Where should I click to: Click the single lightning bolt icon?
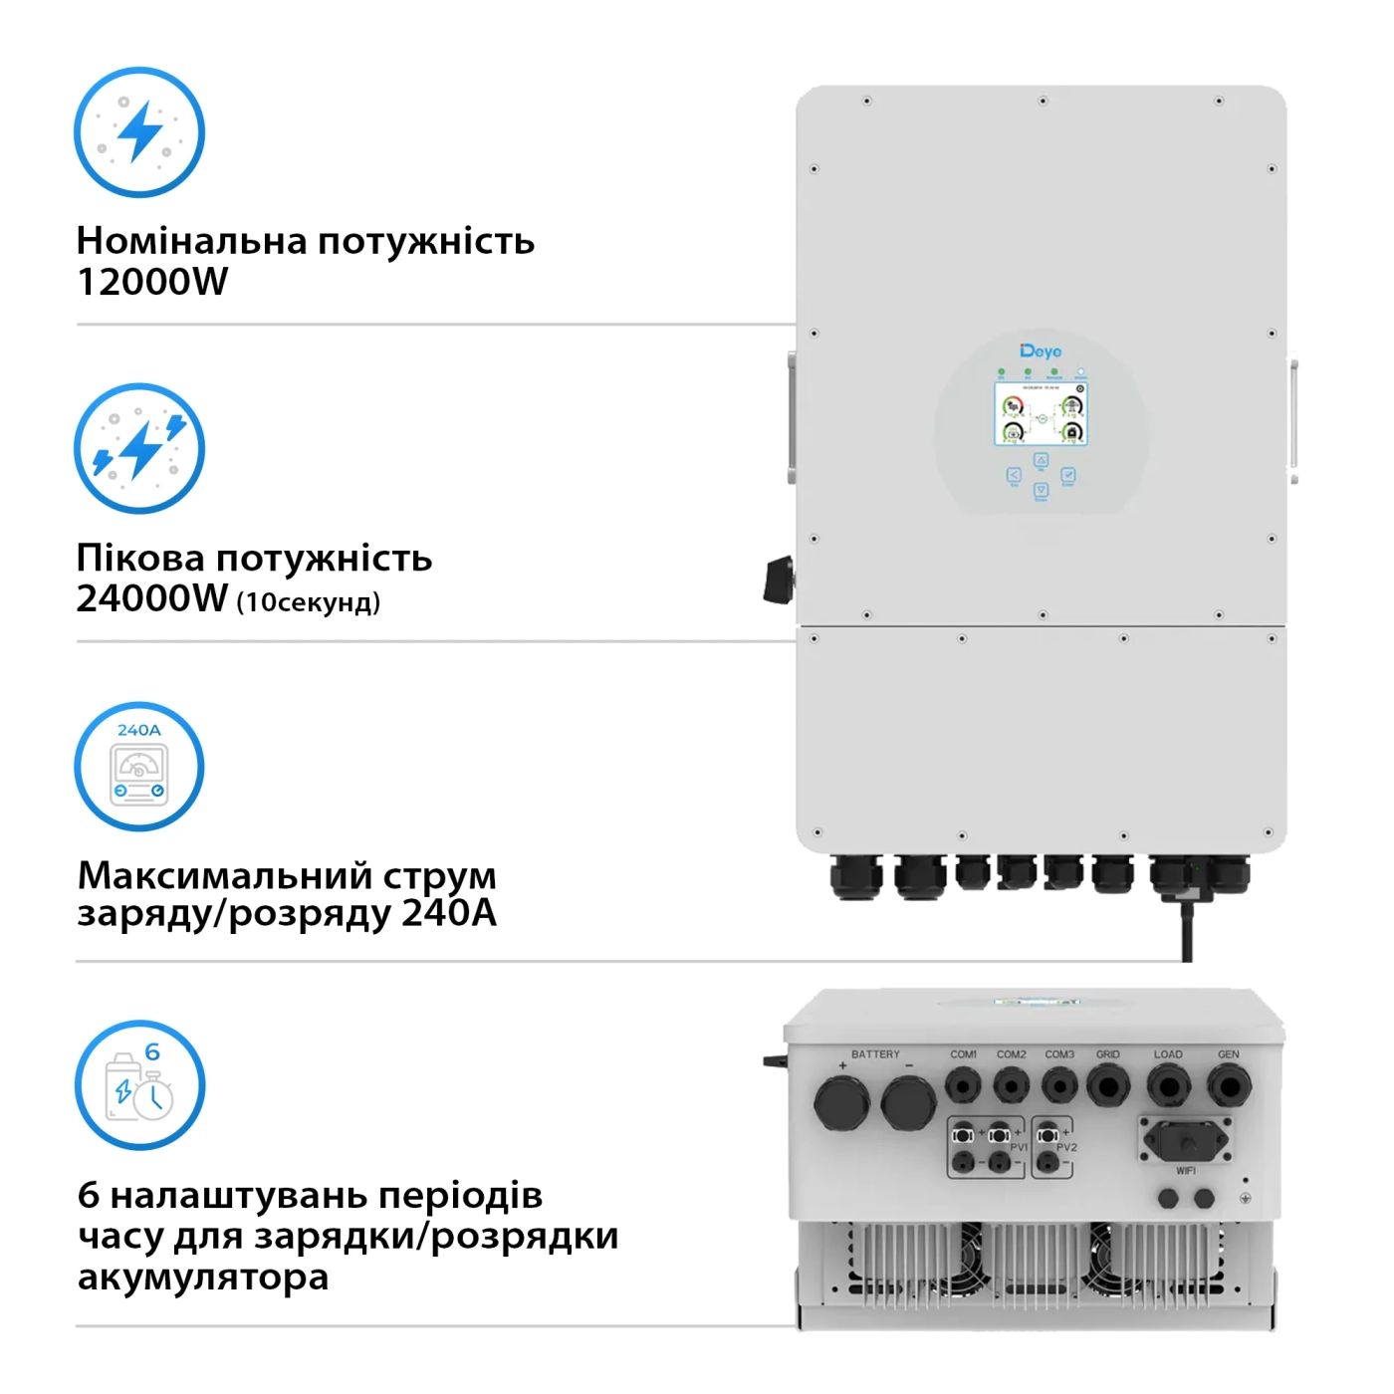(x=139, y=131)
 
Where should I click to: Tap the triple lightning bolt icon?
(x=139, y=448)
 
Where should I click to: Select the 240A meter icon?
(x=139, y=767)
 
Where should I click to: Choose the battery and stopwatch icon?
(x=139, y=1084)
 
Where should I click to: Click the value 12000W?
(x=152, y=282)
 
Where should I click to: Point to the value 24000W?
(x=152, y=598)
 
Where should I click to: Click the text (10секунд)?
(x=309, y=602)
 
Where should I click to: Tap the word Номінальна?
(x=190, y=241)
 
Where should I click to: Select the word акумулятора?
(x=203, y=1277)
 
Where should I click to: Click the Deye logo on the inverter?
(x=1041, y=351)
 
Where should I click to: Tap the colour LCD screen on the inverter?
(x=1041, y=413)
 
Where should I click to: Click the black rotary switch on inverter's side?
(x=779, y=581)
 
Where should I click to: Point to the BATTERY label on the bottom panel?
(x=875, y=1054)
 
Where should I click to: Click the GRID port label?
(x=1108, y=1054)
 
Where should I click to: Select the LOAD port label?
(x=1168, y=1054)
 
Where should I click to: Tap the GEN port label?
(x=1229, y=1054)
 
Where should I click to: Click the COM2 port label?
(x=1011, y=1054)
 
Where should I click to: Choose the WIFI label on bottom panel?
(x=1186, y=1171)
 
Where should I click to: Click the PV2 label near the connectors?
(x=1066, y=1148)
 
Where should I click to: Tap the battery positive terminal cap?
(x=841, y=1103)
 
